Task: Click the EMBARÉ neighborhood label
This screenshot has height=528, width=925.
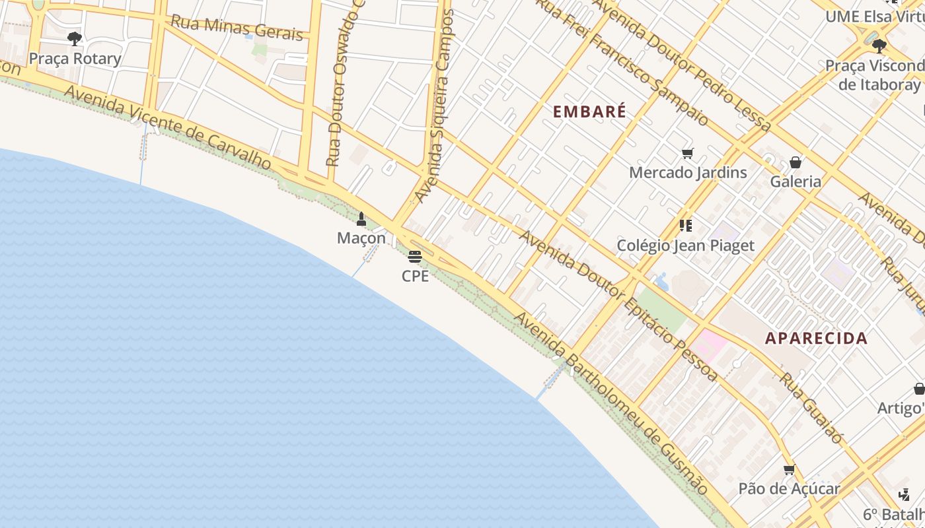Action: (589, 112)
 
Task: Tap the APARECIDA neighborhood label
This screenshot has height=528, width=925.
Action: (816, 339)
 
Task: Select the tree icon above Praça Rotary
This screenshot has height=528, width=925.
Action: (75, 39)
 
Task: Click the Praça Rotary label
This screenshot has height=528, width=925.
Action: (75, 59)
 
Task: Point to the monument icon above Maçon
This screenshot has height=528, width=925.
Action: (361, 218)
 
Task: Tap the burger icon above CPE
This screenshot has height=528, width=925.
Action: (415, 257)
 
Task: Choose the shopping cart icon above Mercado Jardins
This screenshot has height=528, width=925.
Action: (688, 154)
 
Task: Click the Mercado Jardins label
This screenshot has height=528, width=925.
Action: (688, 173)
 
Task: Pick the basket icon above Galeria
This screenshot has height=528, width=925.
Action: (795, 162)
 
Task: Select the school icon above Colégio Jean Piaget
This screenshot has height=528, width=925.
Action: (686, 226)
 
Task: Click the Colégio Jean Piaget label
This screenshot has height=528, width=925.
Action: (685, 246)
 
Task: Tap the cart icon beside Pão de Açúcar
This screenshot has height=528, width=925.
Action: (789, 470)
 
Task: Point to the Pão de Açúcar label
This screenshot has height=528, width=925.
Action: (789, 489)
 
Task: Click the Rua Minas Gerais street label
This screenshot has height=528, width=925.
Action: (237, 27)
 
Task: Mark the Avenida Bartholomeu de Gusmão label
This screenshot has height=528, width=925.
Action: (611, 403)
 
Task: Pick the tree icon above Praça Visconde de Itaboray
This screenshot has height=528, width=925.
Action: (879, 46)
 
